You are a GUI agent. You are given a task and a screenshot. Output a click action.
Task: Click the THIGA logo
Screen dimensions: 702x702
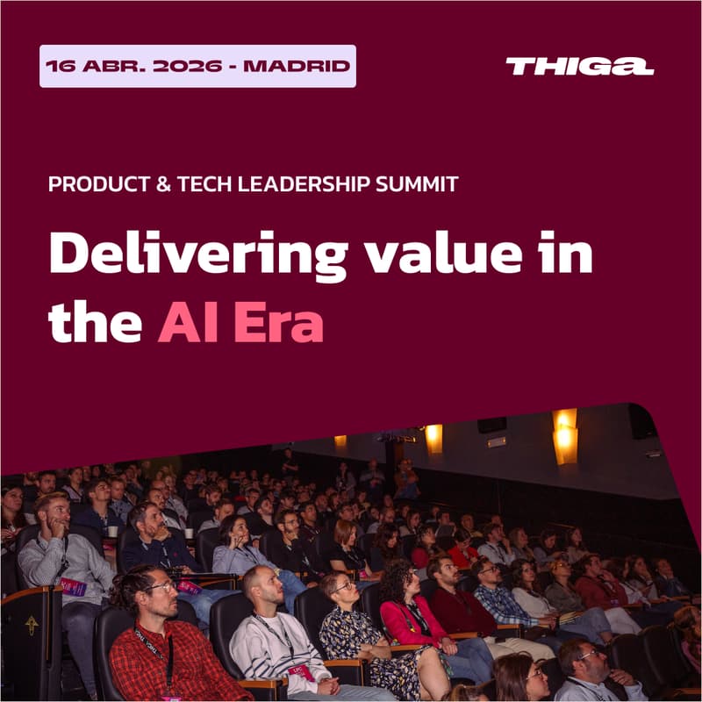(579, 67)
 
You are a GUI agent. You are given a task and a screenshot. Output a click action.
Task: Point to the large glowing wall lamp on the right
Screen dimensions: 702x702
(565, 436)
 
